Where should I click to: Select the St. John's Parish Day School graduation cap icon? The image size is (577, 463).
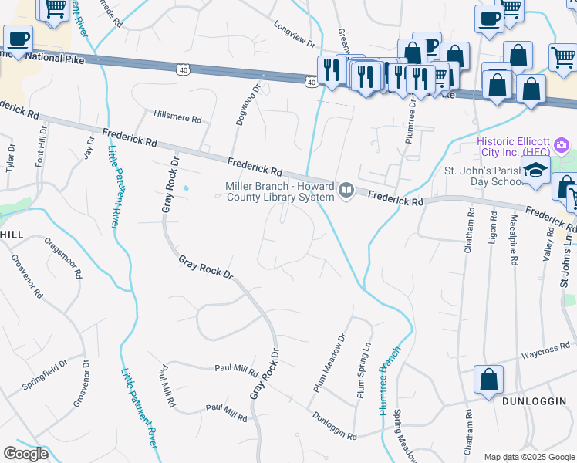point(534,174)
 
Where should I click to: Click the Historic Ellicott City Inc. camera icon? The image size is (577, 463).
point(562,144)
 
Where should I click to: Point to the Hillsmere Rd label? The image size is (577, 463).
point(177,120)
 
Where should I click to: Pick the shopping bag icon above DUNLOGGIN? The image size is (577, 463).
point(488,380)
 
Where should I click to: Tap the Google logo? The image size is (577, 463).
point(25,454)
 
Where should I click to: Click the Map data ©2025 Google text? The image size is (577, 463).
point(528,457)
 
